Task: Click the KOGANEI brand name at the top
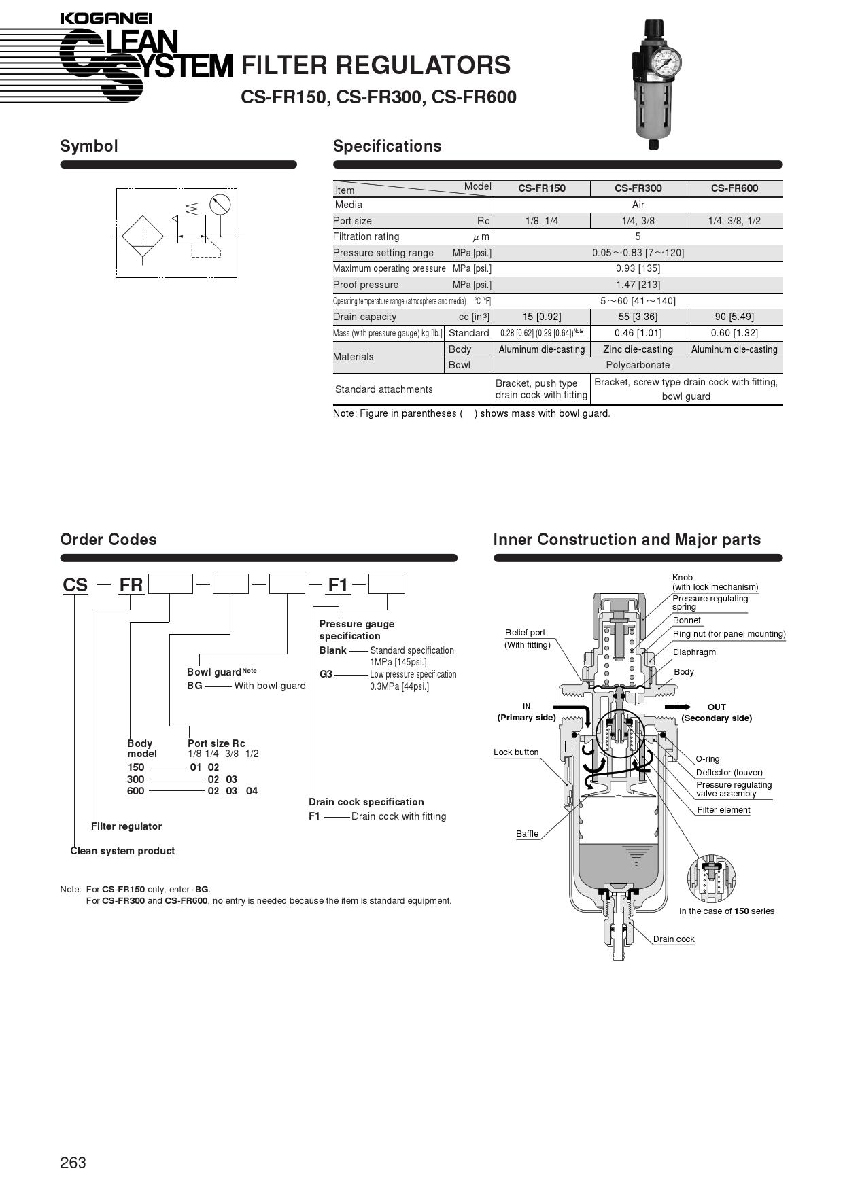(106, 19)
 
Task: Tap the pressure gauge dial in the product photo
(665, 63)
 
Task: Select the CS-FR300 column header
(638, 188)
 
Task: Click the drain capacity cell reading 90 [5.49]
(734, 317)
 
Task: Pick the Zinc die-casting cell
(638, 349)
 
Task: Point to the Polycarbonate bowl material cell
(638, 365)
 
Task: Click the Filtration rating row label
(366, 236)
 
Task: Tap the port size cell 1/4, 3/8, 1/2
(734, 221)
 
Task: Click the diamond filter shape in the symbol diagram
(143, 236)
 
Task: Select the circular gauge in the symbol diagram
(220, 204)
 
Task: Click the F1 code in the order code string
(338, 585)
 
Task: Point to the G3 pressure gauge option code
(326, 674)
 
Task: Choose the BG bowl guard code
(194, 686)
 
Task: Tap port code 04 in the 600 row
(252, 791)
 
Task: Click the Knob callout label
(683, 578)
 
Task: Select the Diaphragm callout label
(694, 652)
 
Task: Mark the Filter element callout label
(723, 810)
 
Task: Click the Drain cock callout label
(674, 939)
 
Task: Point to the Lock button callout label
(516, 752)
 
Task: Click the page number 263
(73, 1163)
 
